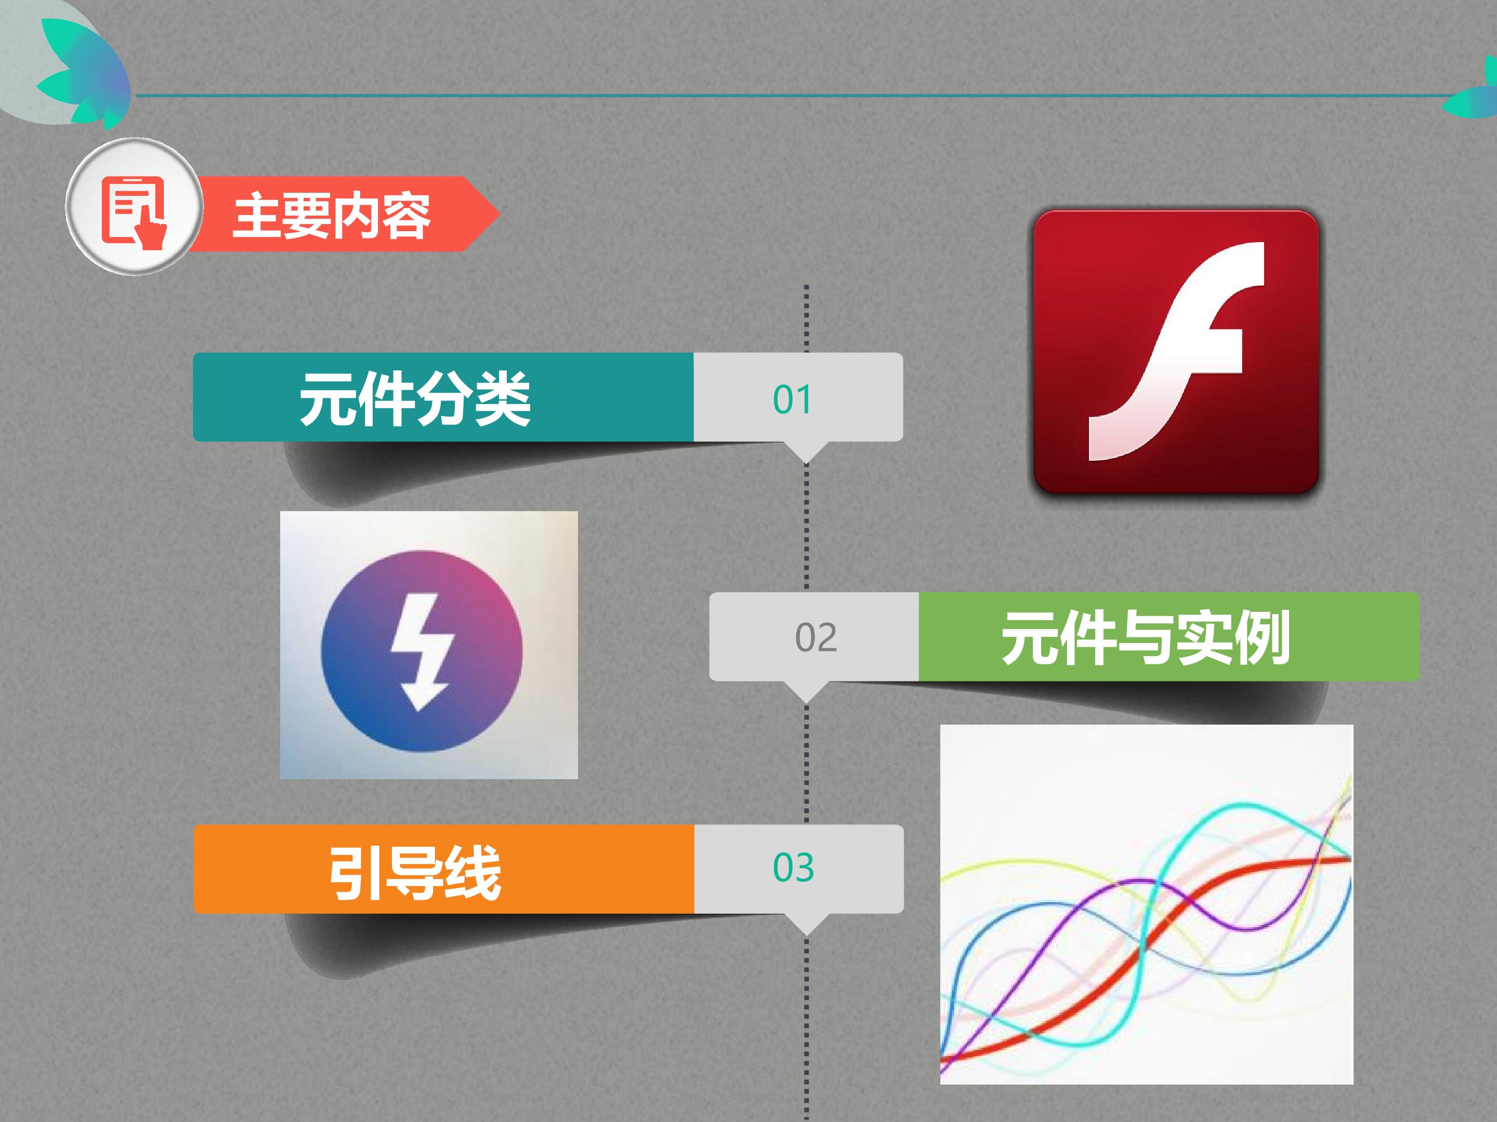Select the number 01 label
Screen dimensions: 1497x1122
pyautogui.click(x=792, y=399)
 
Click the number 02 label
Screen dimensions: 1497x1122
pyautogui.click(x=816, y=637)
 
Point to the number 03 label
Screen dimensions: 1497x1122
pyautogui.click(x=793, y=867)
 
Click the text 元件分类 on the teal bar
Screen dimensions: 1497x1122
pyautogui.click(x=415, y=398)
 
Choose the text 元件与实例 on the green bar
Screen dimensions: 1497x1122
pyautogui.click(x=1146, y=637)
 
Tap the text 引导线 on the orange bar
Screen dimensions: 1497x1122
pyautogui.click(x=415, y=873)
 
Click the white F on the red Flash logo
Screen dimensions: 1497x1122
pyautogui.click(x=1176, y=352)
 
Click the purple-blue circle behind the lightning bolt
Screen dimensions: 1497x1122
pyautogui.click(x=422, y=651)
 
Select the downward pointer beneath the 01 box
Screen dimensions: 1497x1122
pyautogui.click(x=806, y=452)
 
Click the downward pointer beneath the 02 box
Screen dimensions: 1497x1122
pyautogui.click(x=806, y=691)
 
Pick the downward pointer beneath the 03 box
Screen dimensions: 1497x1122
pyautogui.click(x=806, y=924)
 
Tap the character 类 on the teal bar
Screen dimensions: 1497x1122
pyautogui.click(x=502, y=398)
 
